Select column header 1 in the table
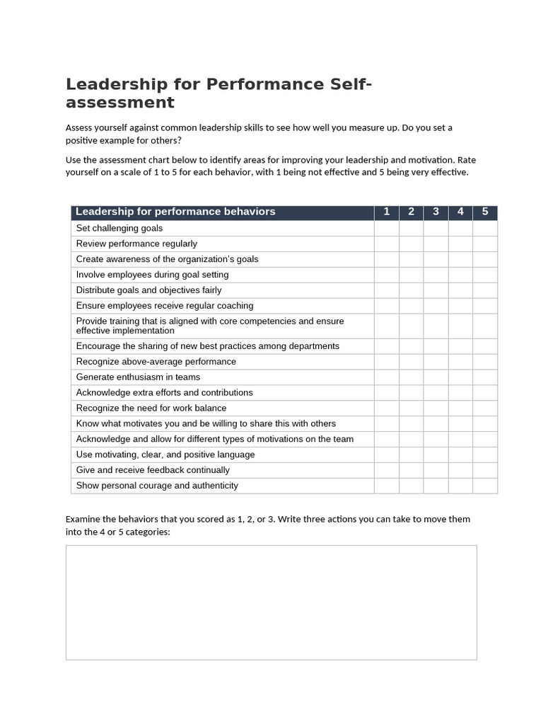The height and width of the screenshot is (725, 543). click(x=387, y=212)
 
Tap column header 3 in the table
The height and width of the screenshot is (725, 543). click(x=436, y=212)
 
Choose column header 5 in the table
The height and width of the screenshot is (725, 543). click(x=485, y=212)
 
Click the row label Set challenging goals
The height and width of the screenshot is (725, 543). click(x=119, y=228)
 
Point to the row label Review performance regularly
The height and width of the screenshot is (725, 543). click(x=136, y=244)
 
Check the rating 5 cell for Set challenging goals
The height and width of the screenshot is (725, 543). click(x=485, y=228)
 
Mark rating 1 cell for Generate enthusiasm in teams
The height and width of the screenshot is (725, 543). click(x=387, y=377)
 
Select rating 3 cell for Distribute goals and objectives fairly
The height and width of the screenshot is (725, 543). click(x=436, y=290)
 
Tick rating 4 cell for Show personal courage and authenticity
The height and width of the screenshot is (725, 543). click(x=460, y=486)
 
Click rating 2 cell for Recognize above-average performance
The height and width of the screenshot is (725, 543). click(x=411, y=361)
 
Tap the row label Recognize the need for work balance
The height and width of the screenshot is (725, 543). click(x=151, y=408)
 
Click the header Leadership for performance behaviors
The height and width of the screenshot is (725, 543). click(x=175, y=212)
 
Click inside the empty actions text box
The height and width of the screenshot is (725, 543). click(x=271, y=602)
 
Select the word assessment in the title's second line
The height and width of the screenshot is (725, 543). click(x=119, y=103)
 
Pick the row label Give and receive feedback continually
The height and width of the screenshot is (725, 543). click(x=153, y=470)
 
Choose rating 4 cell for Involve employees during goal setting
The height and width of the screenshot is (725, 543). click(x=460, y=275)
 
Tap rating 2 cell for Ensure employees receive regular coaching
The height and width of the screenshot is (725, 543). click(x=411, y=306)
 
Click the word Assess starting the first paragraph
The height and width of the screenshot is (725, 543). click(x=79, y=127)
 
